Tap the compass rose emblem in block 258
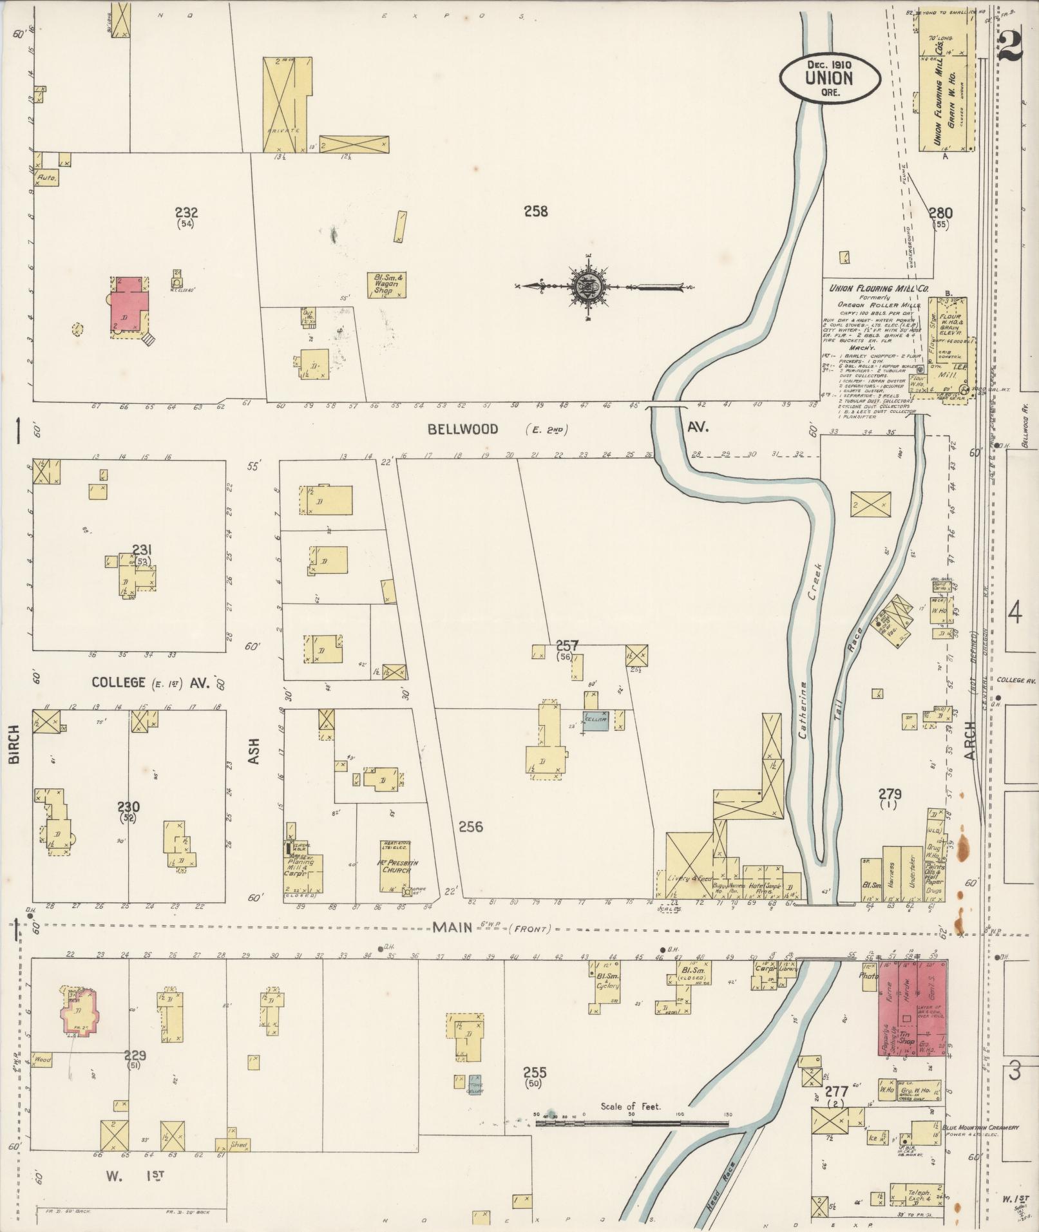590,286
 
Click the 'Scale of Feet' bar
631,1123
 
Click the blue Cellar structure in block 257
596,722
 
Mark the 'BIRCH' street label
14,750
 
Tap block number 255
535,1072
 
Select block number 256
471,826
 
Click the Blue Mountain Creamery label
980,1128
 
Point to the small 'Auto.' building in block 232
46,176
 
